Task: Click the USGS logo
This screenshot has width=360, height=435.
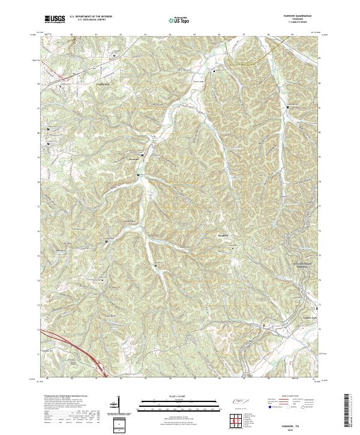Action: (x=55, y=20)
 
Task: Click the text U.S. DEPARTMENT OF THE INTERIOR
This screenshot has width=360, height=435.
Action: (x=91, y=17)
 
